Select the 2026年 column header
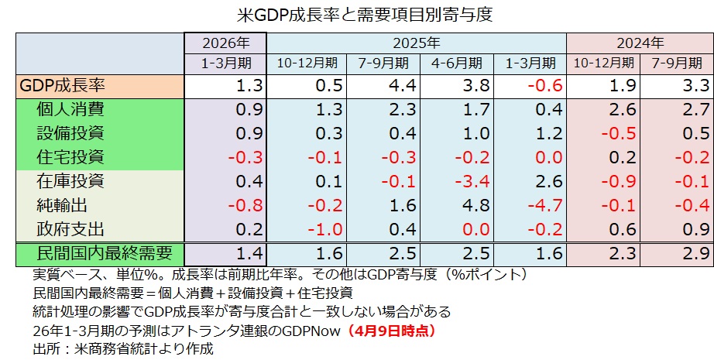[x=225, y=43]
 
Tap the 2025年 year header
[x=416, y=43]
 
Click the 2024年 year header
[x=640, y=43]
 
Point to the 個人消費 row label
[x=70, y=109]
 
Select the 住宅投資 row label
[x=70, y=157]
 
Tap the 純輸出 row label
[x=63, y=205]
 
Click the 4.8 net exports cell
[x=470, y=206]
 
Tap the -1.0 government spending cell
[x=318, y=230]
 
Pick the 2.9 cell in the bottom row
[x=695, y=255]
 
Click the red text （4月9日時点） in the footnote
[x=396, y=331]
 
